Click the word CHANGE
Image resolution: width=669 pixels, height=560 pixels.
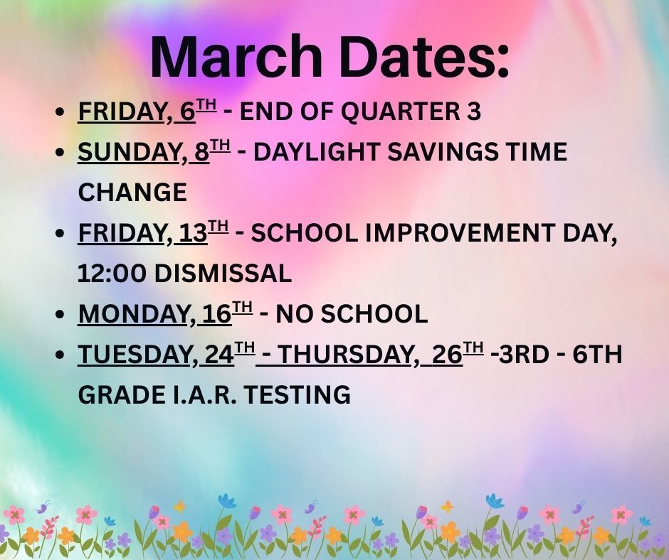click(132, 193)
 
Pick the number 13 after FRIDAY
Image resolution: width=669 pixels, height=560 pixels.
click(193, 234)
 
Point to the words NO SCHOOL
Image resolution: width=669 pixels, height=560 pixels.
click(352, 313)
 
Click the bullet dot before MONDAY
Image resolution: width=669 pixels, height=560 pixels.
click(61, 315)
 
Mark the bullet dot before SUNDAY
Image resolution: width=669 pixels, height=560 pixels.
click(61, 154)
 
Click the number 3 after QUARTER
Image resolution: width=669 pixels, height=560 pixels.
click(474, 112)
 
